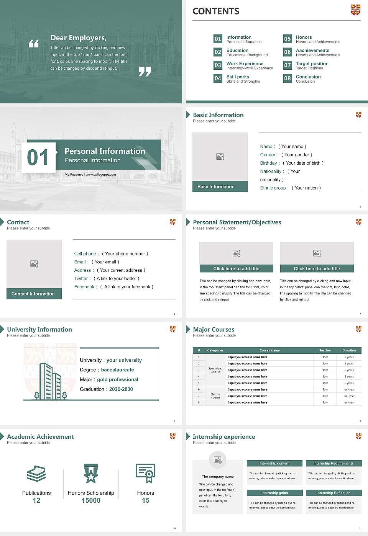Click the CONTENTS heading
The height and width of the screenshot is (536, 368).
pyautogui.click(x=216, y=11)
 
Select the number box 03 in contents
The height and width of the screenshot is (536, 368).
pyautogui.click(x=218, y=65)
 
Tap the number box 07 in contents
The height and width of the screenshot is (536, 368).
pyautogui.click(x=287, y=65)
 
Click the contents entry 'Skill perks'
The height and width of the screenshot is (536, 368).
pyautogui.click(x=238, y=77)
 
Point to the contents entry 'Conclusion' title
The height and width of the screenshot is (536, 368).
pyautogui.click(x=308, y=77)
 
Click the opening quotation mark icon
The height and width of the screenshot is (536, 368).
pyautogui.click(x=34, y=44)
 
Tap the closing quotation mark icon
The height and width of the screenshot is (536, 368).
pyautogui.click(x=145, y=71)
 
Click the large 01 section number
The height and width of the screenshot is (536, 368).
pyautogui.click(x=38, y=157)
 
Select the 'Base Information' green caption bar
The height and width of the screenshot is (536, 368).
pyautogui.click(x=220, y=186)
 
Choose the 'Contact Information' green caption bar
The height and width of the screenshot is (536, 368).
pyautogui.click(x=34, y=294)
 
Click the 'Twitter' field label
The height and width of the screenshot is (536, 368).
pyautogui.click(x=81, y=279)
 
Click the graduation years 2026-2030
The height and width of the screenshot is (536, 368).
pyautogui.click(x=121, y=389)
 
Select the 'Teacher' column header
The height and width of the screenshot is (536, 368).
pyautogui.click(x=325, y=350)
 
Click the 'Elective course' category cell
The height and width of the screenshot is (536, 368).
pyautogui.click(x=215, y=396)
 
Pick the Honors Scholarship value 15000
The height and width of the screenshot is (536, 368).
pyautogui.click(x=91, y=500)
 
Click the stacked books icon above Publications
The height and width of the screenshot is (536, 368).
pyautogui.click(x=36, y=474)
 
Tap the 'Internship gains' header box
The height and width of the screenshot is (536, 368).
pyautogui.click(x=274, y=493)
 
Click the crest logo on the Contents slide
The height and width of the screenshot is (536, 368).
pyautogui.click(x=355, y=10)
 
